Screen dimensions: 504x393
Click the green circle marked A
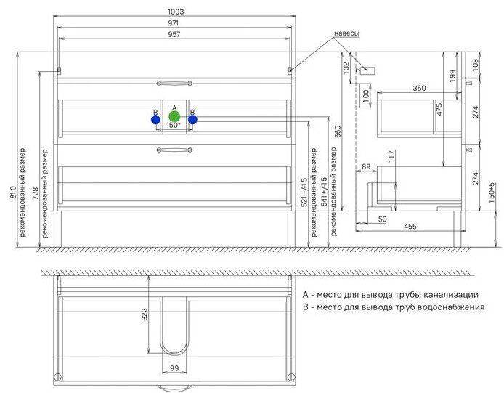(174, 116)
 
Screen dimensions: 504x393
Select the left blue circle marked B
(155, 120)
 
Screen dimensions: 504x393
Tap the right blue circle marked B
(192, 120)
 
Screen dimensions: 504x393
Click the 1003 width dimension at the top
(176, 12)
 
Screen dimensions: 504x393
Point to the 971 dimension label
(174, 23)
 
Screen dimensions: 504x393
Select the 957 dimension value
(174, 34)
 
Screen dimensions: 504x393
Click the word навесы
(347, 33)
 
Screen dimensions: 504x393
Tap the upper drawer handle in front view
(174, 84)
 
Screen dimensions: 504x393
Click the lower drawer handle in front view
(174, 150)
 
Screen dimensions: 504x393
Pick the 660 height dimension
(338, 131)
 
